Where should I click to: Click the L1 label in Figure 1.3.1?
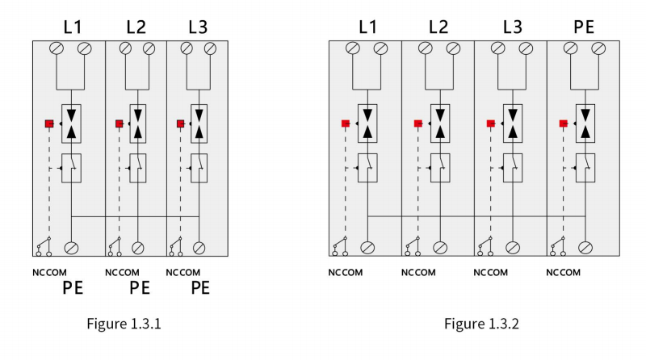(72, 27)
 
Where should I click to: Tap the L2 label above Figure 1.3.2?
(438, 27)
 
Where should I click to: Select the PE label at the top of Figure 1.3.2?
(584, 27)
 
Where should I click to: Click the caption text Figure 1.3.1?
(124, 324)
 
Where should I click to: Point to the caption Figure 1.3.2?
(481, 324)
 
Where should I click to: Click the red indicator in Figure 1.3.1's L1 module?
(49, 123)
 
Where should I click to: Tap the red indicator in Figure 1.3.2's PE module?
(563, 123)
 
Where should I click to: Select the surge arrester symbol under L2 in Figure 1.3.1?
(138, 123)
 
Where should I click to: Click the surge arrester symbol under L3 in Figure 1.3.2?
(513, 123)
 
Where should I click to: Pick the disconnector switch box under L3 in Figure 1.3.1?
(199, 168)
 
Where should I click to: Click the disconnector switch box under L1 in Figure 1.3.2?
(367, 168)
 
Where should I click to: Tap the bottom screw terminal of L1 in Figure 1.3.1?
(71, 248)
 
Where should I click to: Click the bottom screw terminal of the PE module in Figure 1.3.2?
(585, 248)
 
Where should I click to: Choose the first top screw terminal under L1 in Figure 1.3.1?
(57, 48)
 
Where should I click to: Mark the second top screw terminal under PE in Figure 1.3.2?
(598, 48)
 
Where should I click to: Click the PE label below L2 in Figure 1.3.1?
(140, 288)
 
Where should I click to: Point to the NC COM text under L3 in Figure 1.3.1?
(183, 273)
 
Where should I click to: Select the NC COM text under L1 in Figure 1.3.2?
(346, 273)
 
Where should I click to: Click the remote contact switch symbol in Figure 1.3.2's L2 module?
(413, 247)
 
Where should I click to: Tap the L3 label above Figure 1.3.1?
(198, 27)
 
